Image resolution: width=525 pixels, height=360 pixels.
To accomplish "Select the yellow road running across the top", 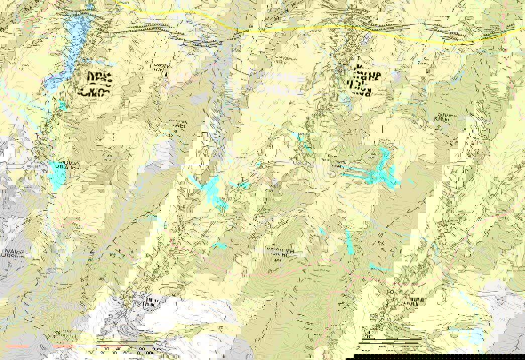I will pos(301,29).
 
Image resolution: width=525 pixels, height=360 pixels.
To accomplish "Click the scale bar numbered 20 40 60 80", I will pos(126,346).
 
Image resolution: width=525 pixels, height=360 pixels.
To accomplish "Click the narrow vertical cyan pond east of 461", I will pos(349,241).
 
